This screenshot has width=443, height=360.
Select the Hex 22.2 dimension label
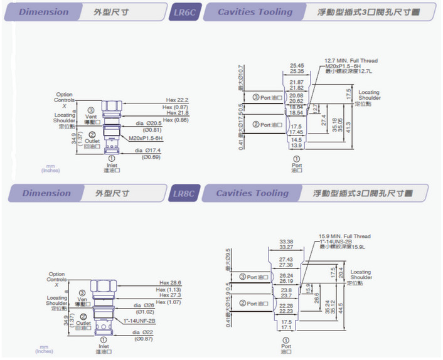click(x=177, y=100)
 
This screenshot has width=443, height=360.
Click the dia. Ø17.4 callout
click(x=148, y=151)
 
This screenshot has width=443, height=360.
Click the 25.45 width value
click(x=297, y=65)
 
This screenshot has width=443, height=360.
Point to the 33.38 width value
click(x=286, y=241)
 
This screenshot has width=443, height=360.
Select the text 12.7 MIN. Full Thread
click(x=351, y=61)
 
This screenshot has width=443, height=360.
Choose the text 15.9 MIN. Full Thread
click(x=344, y=236)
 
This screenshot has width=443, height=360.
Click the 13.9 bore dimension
click(x=296, y=146)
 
